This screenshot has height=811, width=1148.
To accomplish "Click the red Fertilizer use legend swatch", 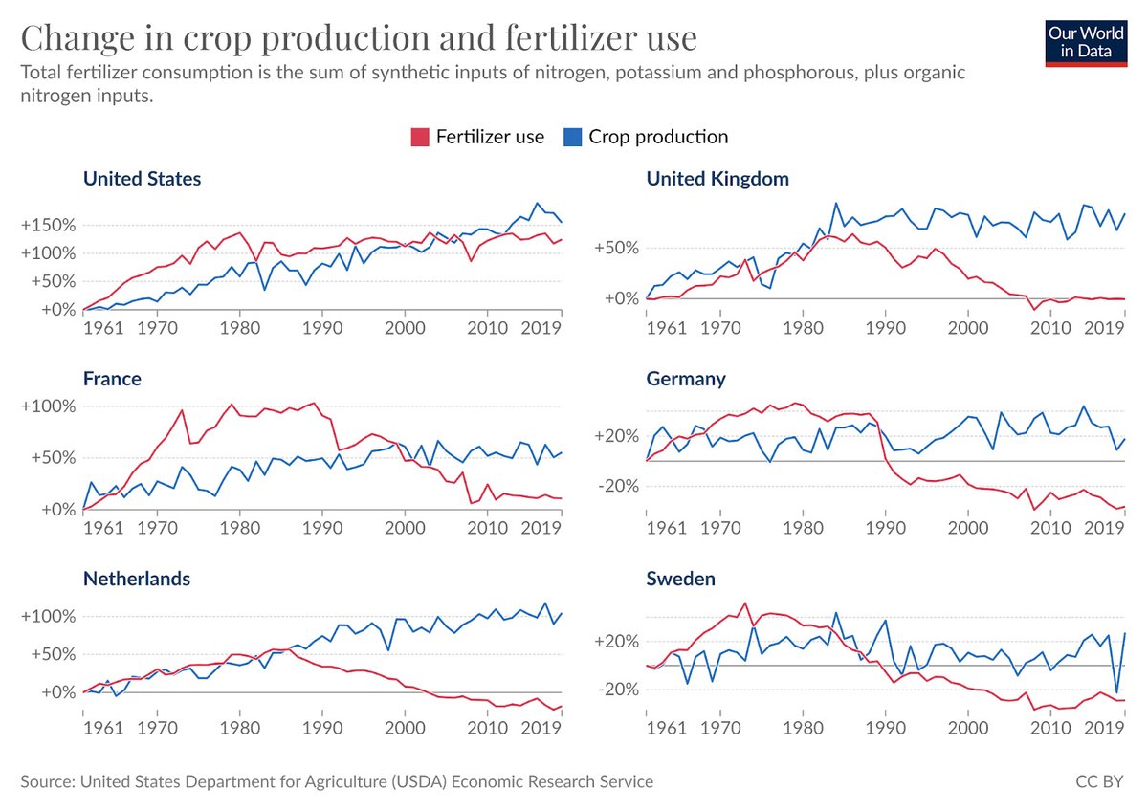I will click(420, 137).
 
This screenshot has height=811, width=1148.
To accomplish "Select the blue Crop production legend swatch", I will click(572, 137).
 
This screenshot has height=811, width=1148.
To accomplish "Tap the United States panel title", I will click(142, 179).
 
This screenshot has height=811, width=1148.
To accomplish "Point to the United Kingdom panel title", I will click(717, 179).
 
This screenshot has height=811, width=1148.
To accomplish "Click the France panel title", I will click(112, 379).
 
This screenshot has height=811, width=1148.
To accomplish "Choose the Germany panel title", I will click(686, 379).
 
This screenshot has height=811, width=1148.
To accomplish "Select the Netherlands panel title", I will click(137, 579).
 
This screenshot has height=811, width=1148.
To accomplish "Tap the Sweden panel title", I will click(681, 579).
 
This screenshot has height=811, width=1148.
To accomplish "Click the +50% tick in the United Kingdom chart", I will click(617, 249).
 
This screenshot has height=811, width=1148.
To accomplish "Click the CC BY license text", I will click(1099, 781).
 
